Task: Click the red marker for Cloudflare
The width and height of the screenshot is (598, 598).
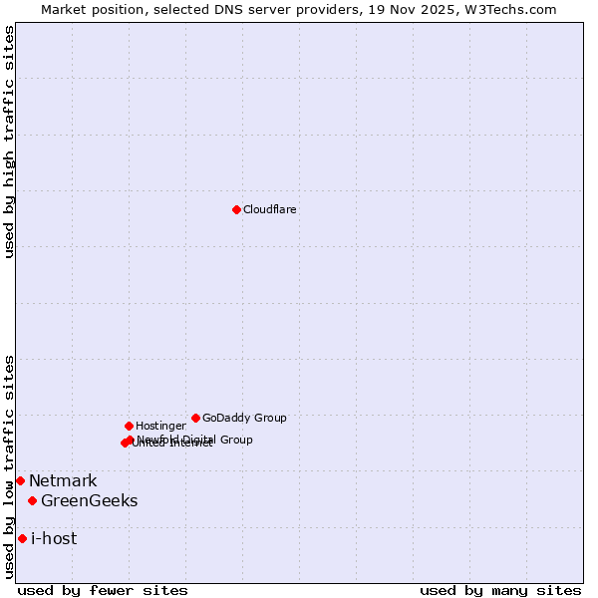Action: [236, 209]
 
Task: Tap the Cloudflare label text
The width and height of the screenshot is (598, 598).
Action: [270, 210]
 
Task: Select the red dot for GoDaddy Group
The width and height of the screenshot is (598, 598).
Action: [195, 418]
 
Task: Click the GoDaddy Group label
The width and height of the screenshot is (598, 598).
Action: [244, 419]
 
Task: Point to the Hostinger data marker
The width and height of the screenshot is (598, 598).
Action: [129, 426]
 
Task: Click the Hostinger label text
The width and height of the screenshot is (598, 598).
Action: [160, 427]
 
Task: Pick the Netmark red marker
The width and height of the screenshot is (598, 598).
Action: [20, 480]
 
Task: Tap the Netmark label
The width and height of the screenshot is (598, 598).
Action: [63, 481]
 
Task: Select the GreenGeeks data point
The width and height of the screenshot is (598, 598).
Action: [33, 500]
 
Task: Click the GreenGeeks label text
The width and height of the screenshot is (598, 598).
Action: [89, 501]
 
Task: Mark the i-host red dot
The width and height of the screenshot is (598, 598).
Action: [22, 538]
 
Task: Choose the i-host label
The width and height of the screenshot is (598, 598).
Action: [54, 539]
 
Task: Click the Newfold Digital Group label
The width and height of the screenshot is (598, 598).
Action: [195, 440]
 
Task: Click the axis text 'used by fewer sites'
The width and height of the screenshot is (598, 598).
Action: [103, 591]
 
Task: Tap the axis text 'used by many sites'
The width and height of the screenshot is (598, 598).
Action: [500, 591]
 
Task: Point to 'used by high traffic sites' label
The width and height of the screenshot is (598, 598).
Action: [10, 142]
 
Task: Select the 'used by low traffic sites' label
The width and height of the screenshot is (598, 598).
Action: [10, 466]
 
